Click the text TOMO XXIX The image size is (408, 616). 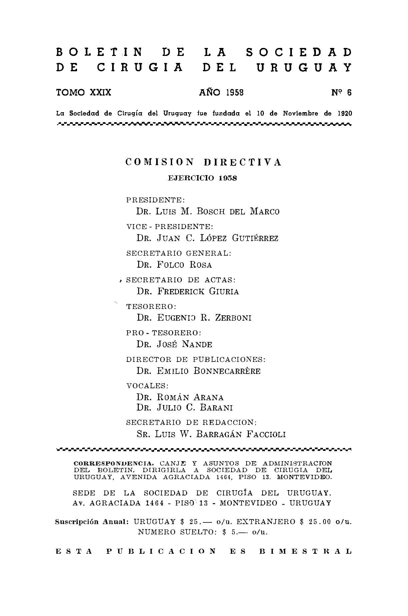[x=84, y=93]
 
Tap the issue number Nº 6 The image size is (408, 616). [x=341, y=93]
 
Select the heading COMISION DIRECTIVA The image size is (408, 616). [x=203, y=162]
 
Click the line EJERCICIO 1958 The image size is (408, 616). [x=202, y=178]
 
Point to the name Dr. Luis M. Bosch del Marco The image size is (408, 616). [x=208, y=211]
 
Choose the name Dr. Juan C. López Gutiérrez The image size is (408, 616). [x=207, y=238]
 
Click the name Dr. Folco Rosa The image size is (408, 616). [x=174, y=265]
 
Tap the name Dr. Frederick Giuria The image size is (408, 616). [x=188, y=291]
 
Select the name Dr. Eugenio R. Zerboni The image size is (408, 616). [x=194, y=318]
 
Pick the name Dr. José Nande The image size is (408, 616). [x=174, y=344]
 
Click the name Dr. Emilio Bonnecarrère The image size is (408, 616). [x=198, y=371]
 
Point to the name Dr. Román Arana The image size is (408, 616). [x=180, y=397]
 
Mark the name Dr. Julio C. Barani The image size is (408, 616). [x=184, y=408]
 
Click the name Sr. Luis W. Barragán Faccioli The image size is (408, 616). [x=211, y=434]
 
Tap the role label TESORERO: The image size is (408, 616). [x=151, y=306]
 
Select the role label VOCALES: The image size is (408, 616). [x=147, y=386]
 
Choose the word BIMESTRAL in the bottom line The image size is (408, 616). [x=306, y=551]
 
